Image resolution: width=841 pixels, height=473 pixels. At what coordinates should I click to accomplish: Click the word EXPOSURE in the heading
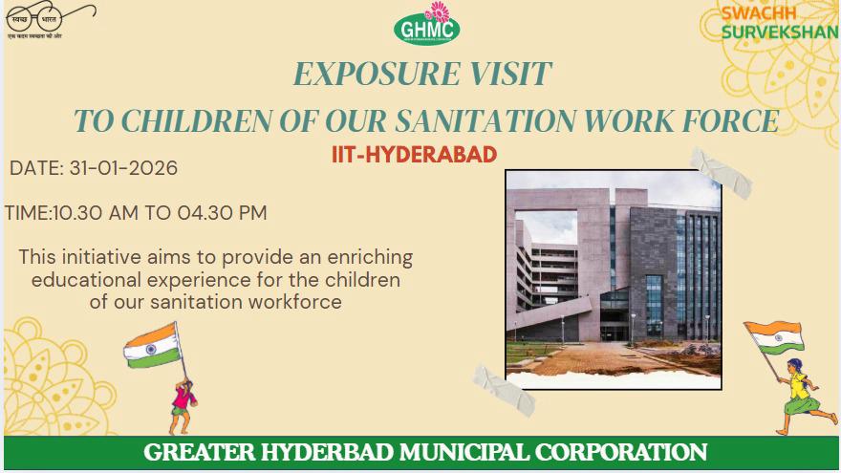[364, 74]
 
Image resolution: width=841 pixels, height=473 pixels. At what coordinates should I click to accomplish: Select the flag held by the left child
[152, 345]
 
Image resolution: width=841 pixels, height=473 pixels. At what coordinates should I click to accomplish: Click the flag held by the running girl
[774, 337]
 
